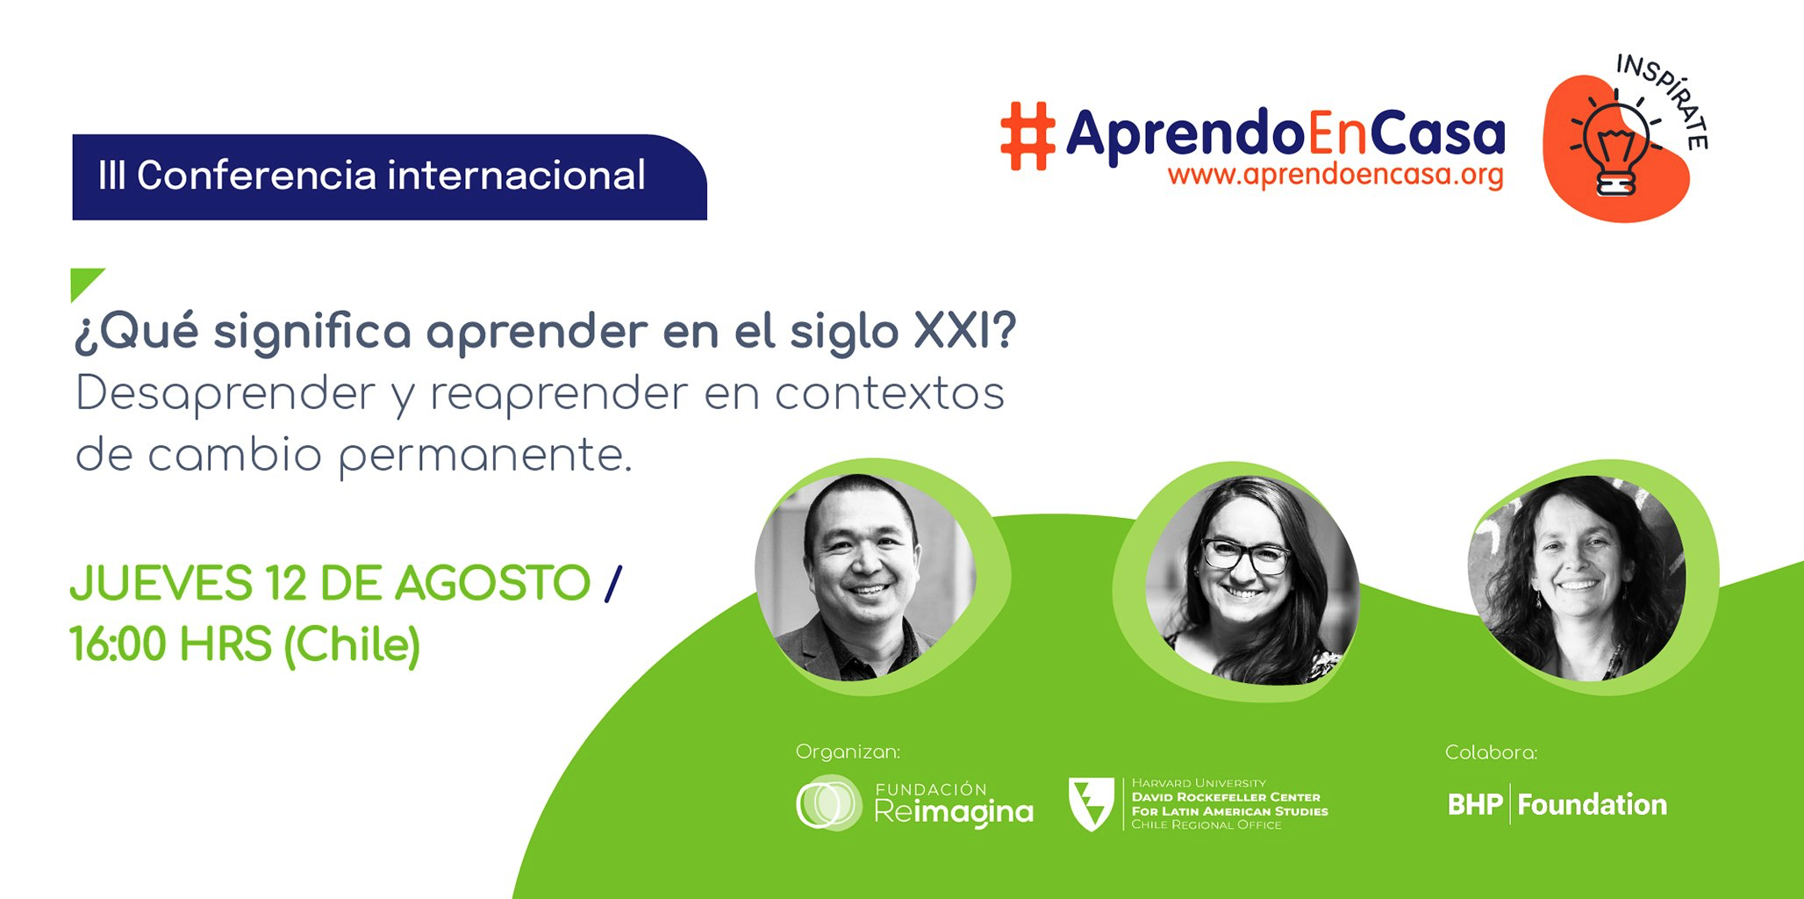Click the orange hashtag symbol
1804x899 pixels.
(x=1027, y=136)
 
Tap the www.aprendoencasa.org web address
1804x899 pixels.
(x=1335, y=174)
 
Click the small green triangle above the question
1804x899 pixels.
(x=86, y=283)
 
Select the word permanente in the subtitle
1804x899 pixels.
(x=484, y=455)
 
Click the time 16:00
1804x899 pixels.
(x=118, y=644)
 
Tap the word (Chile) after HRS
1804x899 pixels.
(x=352, y=645)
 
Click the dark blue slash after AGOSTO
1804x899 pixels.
(x=612, y=583)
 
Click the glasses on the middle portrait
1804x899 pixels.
(x=1246, y=555)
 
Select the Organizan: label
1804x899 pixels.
(x=848, y=752)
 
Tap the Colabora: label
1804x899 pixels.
(x=1491, y=752)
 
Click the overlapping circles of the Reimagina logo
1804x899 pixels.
(x=828, y=802)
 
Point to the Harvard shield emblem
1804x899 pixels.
(x=1092, y=802)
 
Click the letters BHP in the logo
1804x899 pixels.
(x=1475, y=804)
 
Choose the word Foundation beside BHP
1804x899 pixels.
(x=1592, y=804)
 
